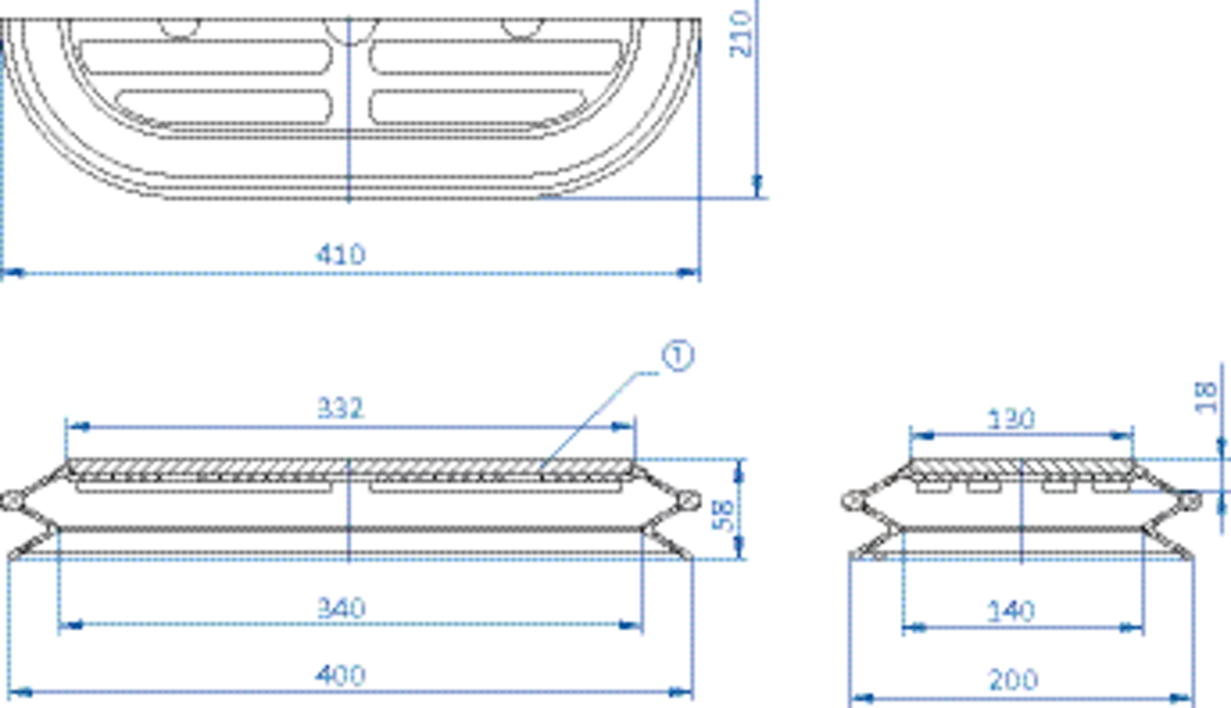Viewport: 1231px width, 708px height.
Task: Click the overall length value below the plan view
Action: tap(339, 254)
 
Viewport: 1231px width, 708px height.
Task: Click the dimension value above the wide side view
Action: tap(341, 404)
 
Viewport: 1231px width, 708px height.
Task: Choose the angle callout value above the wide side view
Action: tap(680, 354)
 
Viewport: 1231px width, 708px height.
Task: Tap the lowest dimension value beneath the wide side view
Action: tap(339, 675)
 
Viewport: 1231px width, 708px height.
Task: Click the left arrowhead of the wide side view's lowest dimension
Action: tap(23, 691)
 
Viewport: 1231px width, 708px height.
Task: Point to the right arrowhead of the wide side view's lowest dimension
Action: tap(677, 691)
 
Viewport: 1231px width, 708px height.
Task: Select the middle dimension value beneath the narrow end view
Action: tap(1012, 609)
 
